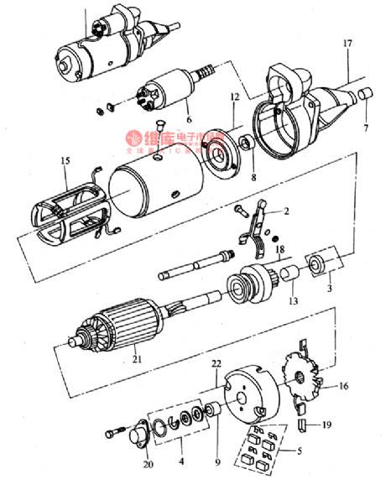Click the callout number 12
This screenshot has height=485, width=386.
[234, 98]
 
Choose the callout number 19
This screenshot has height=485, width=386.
[327, 426]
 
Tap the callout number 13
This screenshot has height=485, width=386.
[293, 300]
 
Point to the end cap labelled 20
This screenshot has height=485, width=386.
[132, 433]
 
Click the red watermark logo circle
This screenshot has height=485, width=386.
[133, 137]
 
